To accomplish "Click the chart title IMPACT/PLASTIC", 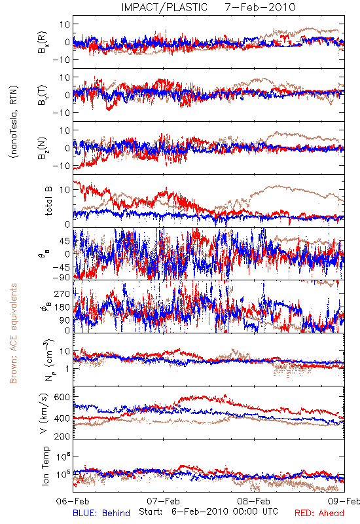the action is coord(164,7).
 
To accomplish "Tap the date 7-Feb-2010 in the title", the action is coord(260,7).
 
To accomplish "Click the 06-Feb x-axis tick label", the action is coord(73,501).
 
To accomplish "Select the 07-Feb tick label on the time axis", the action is coord(163,501).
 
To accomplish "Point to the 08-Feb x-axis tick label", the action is coord(254,501).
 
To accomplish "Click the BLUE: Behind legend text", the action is coord(101,513).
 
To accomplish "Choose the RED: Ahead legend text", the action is coord(319,513).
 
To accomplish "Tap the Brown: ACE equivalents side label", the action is coord(13,333).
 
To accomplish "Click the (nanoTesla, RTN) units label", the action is coord(14,122).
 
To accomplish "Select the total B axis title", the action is coord(48,201).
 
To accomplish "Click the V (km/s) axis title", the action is coord(44,413).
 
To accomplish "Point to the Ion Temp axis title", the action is coord(45,466).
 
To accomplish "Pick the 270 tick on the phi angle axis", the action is coord(62,293).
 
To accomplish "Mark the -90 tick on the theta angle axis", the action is coord(61,277).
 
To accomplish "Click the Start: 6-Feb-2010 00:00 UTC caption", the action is coord(208,512).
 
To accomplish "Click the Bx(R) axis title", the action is coord(43,43).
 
